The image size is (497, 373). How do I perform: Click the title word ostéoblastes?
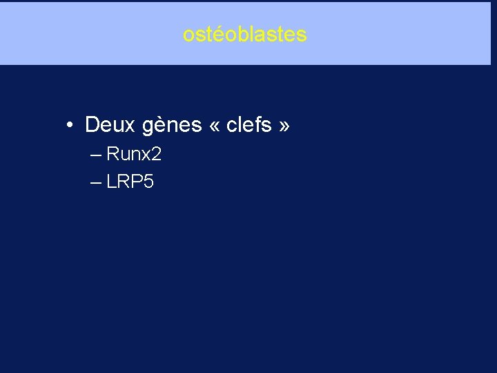(x=245, y=35)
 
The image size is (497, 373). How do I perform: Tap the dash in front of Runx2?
(x=95, y=154)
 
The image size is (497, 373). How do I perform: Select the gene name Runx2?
(x=134, y=154)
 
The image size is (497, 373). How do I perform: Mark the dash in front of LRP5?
(x=95, y=182)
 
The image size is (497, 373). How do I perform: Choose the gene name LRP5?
(x=130, y=182)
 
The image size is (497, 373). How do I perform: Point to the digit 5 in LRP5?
(x=148, y=182)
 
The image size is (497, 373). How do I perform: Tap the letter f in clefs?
(x=258, y=125)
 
